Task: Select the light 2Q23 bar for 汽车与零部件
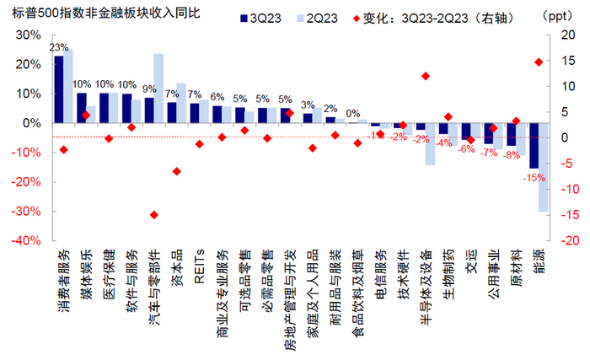coord(158,88)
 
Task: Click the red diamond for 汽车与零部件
coord(153,215)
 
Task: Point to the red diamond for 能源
coord(538,62)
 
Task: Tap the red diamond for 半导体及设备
coord(425,76)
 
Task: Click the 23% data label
coord(59,47)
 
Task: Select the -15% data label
coord(533,178)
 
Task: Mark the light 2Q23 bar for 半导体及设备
coord(430,144)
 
